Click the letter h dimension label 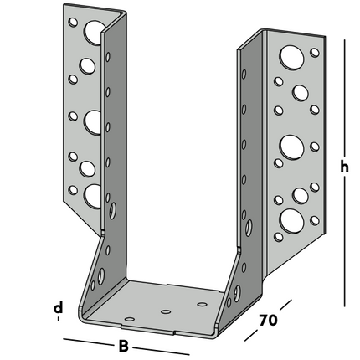(344, 166)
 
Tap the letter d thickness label (57, 308)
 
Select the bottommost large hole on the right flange (291, 219)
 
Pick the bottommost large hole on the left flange (92, 194)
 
